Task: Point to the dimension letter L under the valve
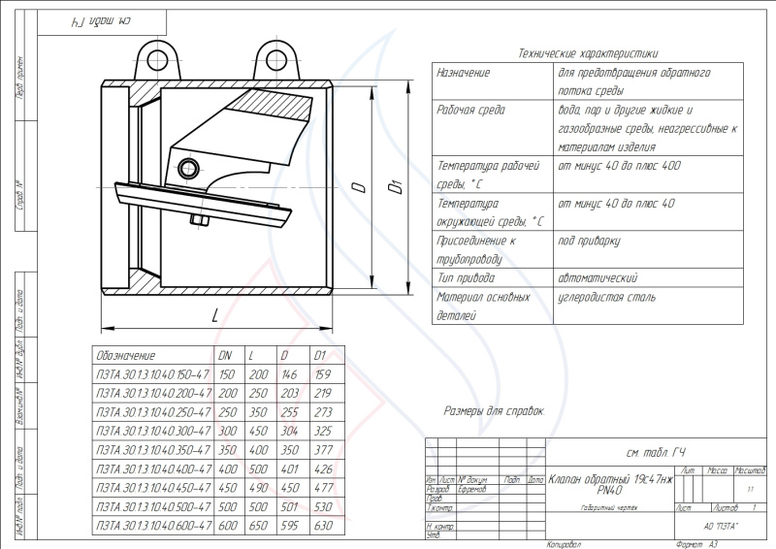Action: point(213,314)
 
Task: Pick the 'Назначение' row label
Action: point(464,73)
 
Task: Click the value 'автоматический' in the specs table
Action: point(598,278)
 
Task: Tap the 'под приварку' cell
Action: point(589,241)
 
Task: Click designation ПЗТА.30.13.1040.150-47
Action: point(151,373)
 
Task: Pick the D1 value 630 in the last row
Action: point(323,525)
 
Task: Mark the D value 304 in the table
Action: point(290,431)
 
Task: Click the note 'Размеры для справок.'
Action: point(494,411)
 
